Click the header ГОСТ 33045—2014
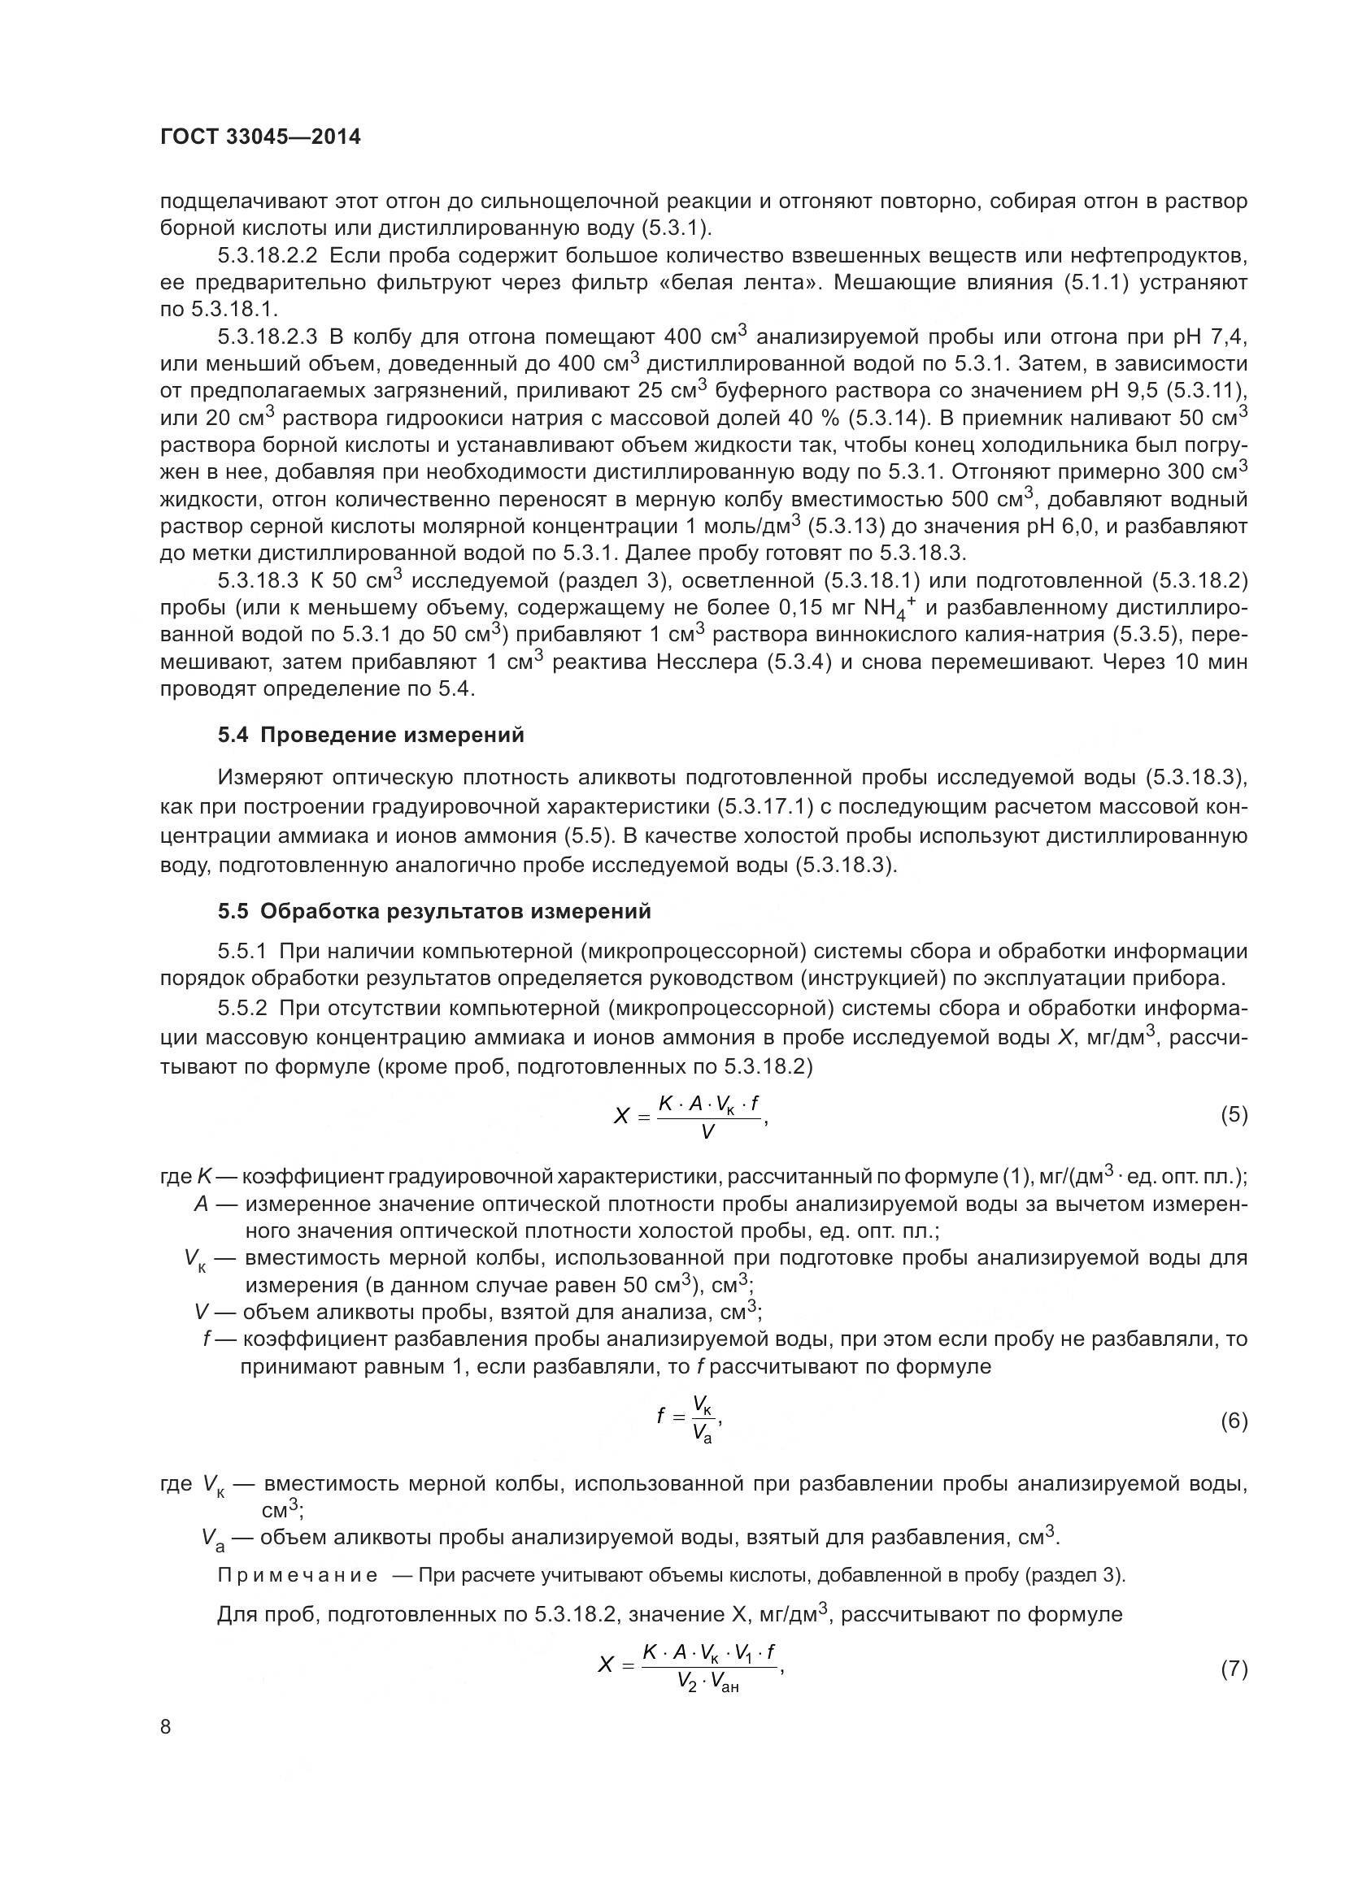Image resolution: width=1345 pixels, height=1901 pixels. [x=260, y=137]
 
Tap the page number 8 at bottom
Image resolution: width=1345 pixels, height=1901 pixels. [x=166, y=1726]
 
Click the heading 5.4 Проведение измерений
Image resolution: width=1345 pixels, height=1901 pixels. [x=371, y=735]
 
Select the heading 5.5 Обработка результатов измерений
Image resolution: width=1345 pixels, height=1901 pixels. [x=434, y=911]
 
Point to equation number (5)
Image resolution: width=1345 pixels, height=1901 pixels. [x=1234, y=1114]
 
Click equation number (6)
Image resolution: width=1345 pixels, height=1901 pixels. [x=1234, y=1421]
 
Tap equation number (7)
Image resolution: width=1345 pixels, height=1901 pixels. [x=1234, y=1670]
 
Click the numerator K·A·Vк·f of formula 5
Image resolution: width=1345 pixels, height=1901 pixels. [x=708, y=1103]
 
